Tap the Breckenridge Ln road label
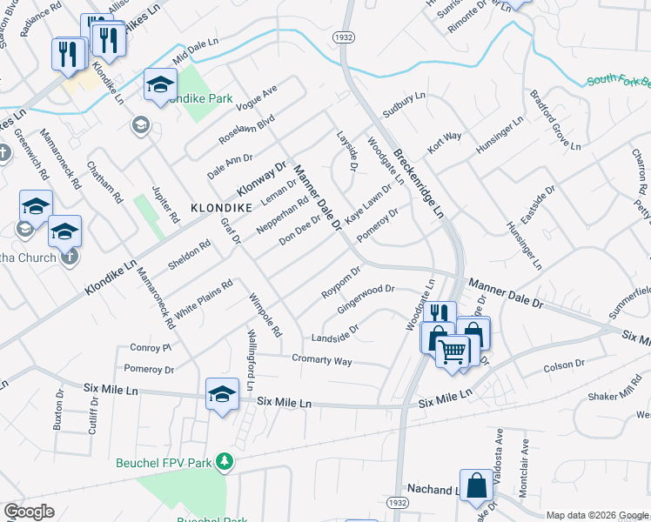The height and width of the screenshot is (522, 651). (x=419, y=184)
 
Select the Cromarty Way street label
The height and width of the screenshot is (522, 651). (x=322, y=359)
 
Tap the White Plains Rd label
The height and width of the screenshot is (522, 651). (x=204, y=298)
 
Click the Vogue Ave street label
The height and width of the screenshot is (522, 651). (x=260, y=101)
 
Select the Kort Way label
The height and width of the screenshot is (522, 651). (x=443, y=141)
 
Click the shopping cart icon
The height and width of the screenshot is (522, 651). (x=453, y=351)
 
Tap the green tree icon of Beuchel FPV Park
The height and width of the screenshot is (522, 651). (x=225, y=461)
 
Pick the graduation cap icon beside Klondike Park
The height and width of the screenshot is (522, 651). (x=160, y=84)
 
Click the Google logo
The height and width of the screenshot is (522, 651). (x=30, y=512)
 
